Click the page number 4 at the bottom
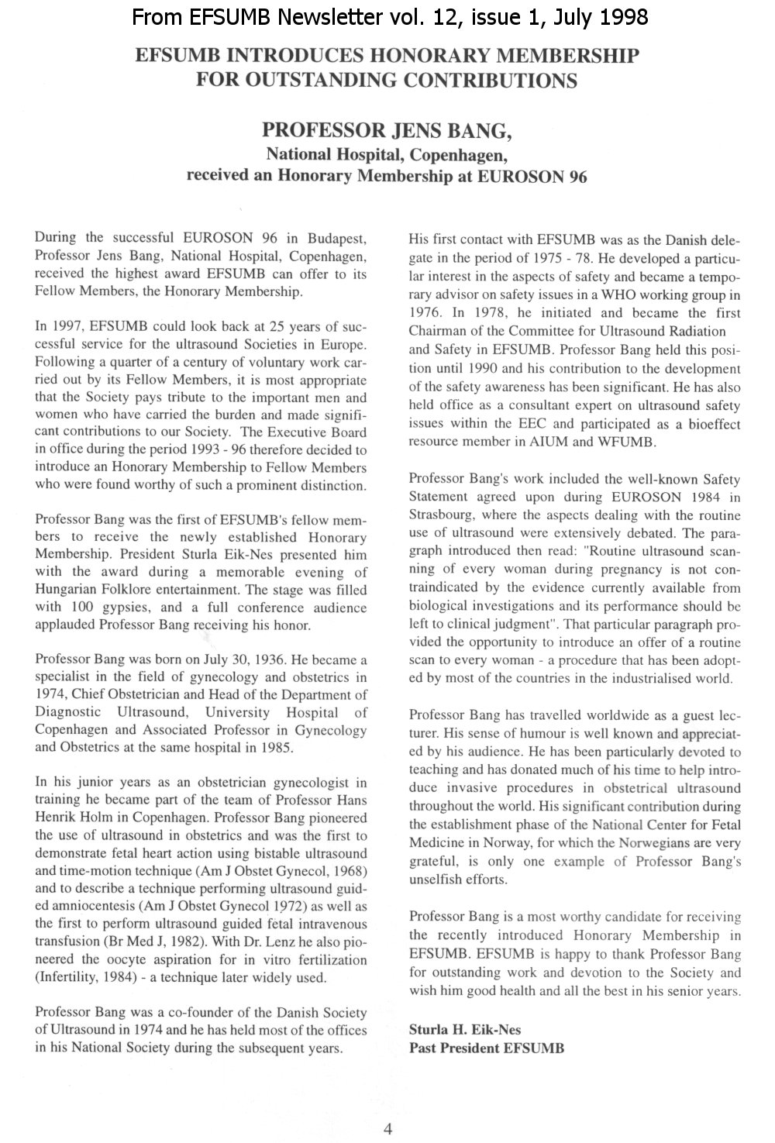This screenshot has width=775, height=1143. tap(388, 1128)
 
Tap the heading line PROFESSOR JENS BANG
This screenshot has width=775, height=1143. tap(387, 130)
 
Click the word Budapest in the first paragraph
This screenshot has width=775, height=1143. tap(337, 238)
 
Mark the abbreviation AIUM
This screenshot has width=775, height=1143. tap(573, 442)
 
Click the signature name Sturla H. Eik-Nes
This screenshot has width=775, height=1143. tap(465, 1030)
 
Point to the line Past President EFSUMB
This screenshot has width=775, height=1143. tap(487, 1048)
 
